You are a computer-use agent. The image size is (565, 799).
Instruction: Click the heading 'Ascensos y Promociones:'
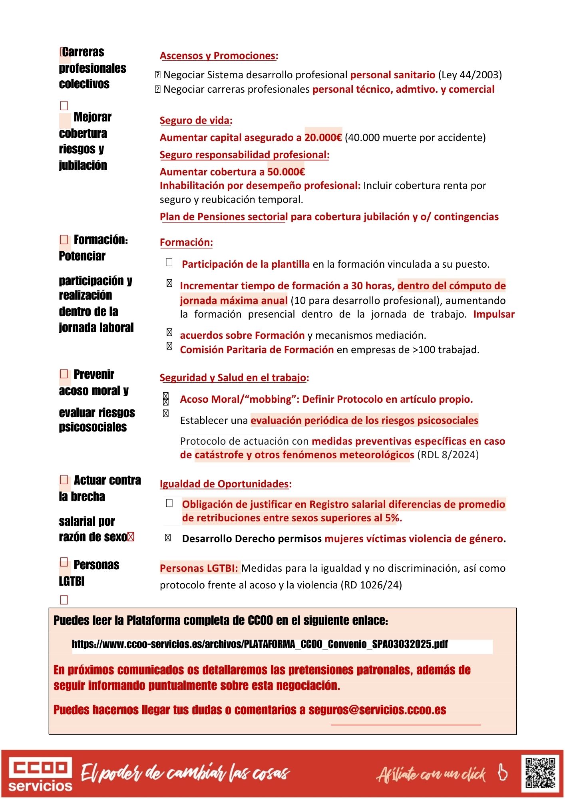tap(219, 56)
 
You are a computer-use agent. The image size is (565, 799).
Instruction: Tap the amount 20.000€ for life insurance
tap(323, 137)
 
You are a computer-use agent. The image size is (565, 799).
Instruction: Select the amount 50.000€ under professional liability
tap(286, 172)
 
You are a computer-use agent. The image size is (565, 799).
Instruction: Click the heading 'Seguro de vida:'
tap(196, 120)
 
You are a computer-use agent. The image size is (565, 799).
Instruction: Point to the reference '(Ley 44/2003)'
tap(470, 75)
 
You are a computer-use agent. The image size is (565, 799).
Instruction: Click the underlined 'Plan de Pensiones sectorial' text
tap(223, 217)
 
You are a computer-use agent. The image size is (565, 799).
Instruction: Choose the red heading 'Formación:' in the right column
tap(186, 242)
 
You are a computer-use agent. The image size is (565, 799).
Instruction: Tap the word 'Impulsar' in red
tap(494, 314)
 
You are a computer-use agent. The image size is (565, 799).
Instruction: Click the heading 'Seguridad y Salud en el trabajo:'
tap(234, 378)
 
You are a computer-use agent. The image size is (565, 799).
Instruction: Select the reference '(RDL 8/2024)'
tap(448, 455)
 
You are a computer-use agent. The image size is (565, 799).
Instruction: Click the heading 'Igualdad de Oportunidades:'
tap(225, 484)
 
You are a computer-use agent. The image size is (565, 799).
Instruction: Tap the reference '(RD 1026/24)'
tap(371, 585)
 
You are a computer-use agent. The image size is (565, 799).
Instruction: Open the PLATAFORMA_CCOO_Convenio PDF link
tap(260, 644)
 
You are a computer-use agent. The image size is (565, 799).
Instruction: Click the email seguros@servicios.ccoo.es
tap(377, 710)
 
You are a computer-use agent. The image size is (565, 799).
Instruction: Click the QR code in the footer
tap(540, 773)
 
